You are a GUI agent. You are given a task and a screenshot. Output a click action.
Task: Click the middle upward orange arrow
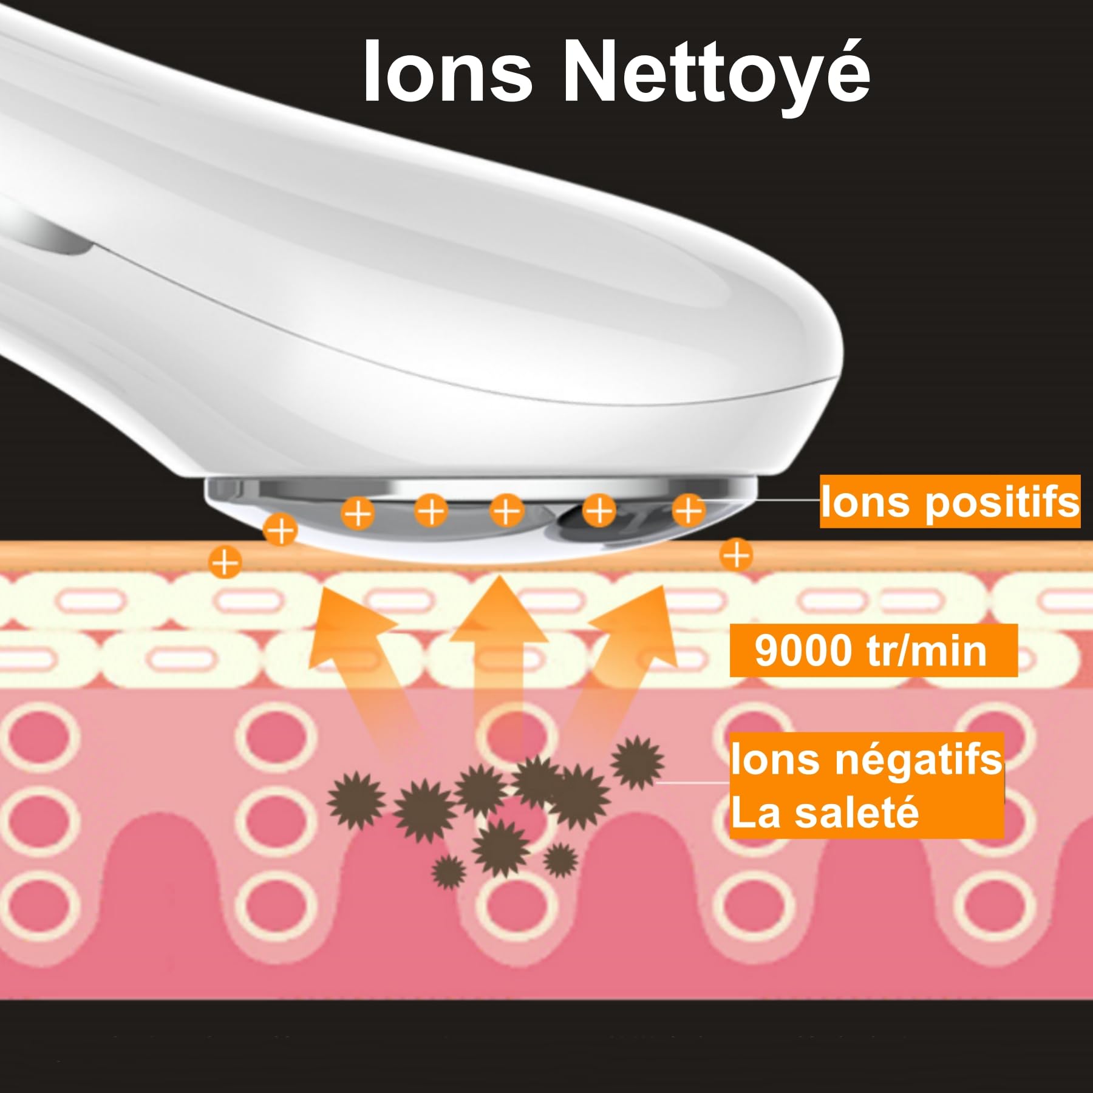pyautogui.click(x=499, y=662)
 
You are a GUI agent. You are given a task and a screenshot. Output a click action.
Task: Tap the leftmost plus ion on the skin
pyautogui.click(x=225, y=562)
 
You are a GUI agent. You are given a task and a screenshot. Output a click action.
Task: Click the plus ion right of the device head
pyautogui.click(x=736, y=555)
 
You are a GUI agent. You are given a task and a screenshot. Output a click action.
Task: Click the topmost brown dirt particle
pyautogui.click(x=637, y=762)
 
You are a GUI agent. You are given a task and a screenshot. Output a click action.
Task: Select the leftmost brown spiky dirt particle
pyautogui.click(x=356, y=800)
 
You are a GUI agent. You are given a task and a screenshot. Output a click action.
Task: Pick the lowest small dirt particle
pyautogui.click(x=449, y=872)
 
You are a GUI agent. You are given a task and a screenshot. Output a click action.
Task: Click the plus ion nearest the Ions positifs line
pyautogui.click(x=689, y=510)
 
